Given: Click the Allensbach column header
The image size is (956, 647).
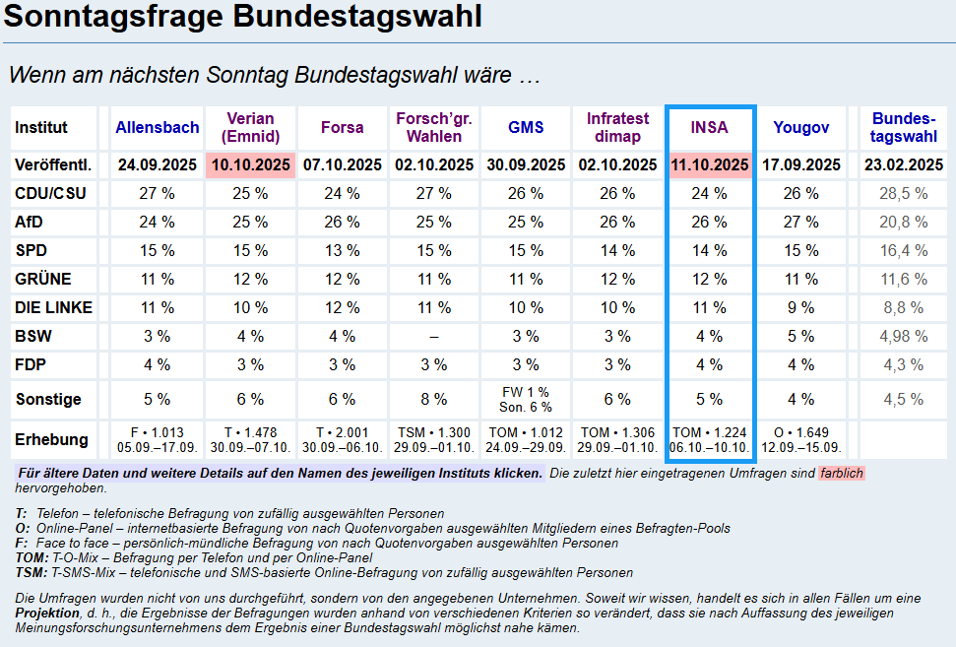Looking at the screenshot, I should point(158,127).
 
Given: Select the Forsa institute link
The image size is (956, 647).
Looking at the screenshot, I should point(342,127).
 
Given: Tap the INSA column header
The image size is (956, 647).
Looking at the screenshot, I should point(709,127).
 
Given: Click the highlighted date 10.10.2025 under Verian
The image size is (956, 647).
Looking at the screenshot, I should point(250,164).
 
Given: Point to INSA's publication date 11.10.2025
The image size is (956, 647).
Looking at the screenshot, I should point(709,164).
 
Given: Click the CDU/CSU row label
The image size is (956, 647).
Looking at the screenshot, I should point(50,193).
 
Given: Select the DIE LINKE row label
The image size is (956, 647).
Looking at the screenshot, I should point(54,307).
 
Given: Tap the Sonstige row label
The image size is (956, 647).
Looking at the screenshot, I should point(48,399).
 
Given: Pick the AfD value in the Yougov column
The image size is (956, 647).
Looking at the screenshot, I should point(800,222).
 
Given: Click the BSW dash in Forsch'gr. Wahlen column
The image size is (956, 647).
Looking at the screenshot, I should point(434,336).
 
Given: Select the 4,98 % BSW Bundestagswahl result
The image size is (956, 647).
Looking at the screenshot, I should point(904,336).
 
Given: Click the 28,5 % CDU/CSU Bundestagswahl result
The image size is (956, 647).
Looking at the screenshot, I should point(904,193).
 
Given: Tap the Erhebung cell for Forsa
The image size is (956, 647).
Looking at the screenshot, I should point(342,439).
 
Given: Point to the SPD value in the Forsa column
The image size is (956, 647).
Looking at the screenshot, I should point(342,250).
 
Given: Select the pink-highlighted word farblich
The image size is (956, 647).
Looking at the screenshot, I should point(841,474).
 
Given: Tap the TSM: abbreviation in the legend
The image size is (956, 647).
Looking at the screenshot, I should point(32,572).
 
